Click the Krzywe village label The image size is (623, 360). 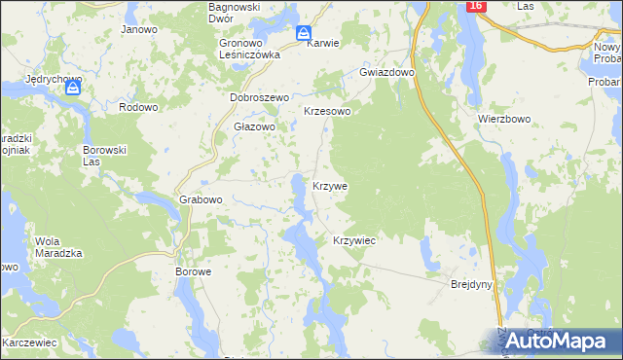[330, 185]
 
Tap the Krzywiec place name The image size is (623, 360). [354, 239]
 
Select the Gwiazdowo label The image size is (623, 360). [387, 73]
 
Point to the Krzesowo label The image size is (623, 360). [327, 112]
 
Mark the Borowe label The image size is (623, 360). [193, 271]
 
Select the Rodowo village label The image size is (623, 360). [137, 107]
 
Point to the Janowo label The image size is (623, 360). [139, 29]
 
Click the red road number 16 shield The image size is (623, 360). [475, 6]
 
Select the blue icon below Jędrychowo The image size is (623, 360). [73, 89]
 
